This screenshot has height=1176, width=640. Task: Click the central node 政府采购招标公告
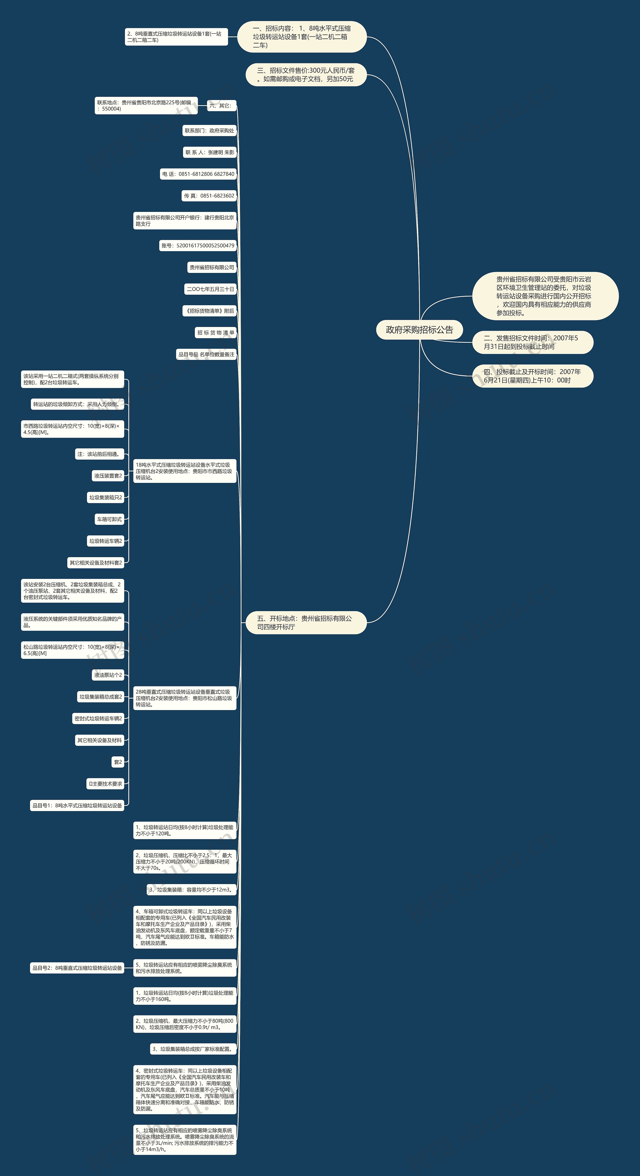[x=419, y=330]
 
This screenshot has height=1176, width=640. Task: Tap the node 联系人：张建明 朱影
[x=209, y=152]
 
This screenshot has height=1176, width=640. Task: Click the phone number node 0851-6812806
[x=198, y=174]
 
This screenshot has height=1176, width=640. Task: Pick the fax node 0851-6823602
[x=209, y=196]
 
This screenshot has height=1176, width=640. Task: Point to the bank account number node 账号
[x=198, y=246]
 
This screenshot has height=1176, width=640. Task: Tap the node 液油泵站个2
[x=108, y=675]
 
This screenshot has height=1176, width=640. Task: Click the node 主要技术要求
[x=105, y=784]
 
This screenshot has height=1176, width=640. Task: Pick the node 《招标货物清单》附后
[x=209, y=311]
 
